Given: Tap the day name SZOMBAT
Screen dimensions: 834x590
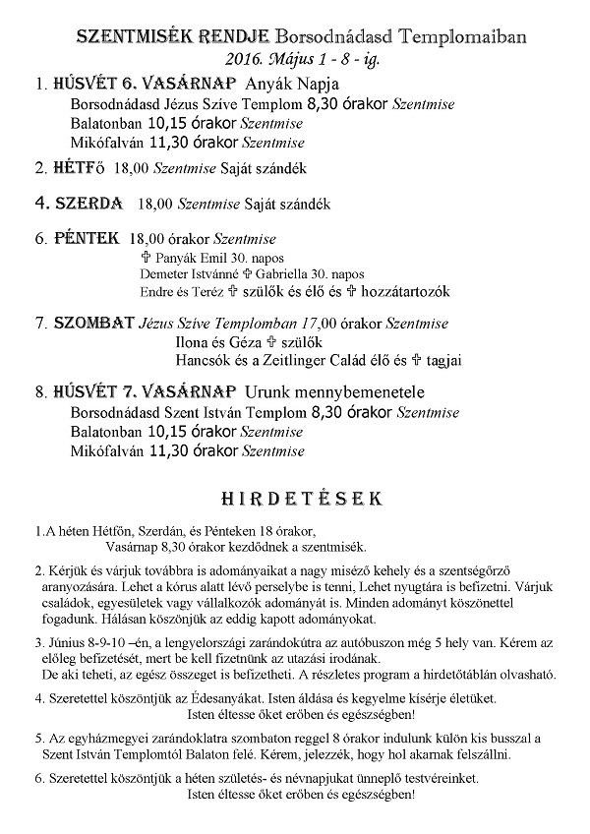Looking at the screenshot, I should coord(92,323).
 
